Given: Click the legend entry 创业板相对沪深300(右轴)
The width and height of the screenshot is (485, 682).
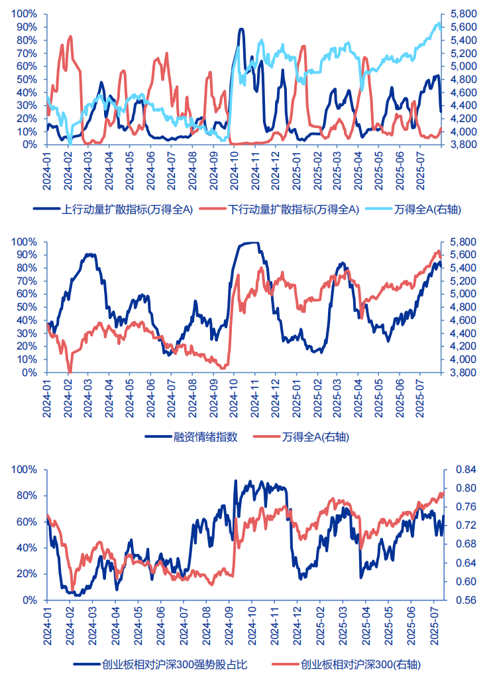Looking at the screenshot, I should point(360,665).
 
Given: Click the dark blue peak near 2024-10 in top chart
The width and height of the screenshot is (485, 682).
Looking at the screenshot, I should point(241,29).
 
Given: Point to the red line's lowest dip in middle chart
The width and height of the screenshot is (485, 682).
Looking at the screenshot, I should point(70,372).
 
